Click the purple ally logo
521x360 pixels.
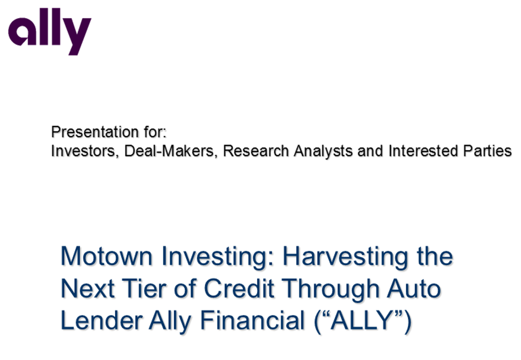pos(49,32)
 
